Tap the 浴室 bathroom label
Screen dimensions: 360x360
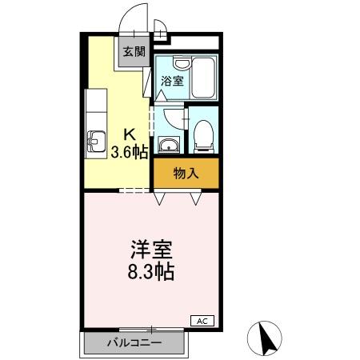[172, 80]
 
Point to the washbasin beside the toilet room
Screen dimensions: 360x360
[169, 145]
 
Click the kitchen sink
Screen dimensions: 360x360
[95, 143]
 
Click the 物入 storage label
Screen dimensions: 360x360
[186, 172]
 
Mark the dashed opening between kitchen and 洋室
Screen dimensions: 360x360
[134, 190]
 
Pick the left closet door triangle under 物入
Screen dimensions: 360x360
[159, 196]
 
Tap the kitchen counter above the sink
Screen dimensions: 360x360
[94, 108]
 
